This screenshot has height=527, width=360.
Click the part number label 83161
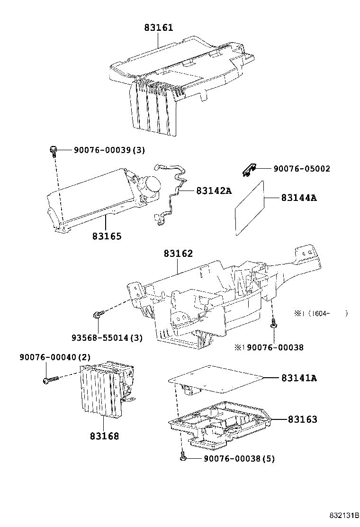[x=159, y=27]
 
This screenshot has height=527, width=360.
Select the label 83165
[x=107, y=236]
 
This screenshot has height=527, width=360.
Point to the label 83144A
[x=298, y=198]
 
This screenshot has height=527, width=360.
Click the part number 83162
[x=179, y=254]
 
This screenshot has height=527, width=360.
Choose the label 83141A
[x=298, y=378]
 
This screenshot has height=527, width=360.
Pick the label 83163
[x=302, y=419]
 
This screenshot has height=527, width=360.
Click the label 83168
[x=105, y=436]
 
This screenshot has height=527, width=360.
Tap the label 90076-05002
[x=301, y=169]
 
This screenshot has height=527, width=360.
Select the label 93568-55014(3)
[x=107, y=338]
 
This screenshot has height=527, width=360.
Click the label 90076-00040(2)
[x=55, y=356]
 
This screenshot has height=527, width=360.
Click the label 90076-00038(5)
[x=239, y=458]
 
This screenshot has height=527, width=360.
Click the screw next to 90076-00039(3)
[x=53, y=151]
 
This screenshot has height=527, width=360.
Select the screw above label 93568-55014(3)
[x=98, y=314]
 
